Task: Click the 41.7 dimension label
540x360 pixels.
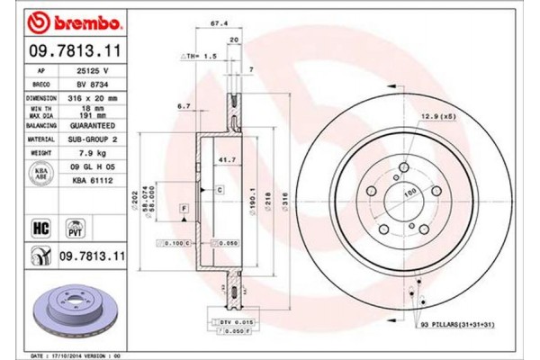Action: click(x=215, y=158)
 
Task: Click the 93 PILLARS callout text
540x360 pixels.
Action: click(x=454, y=323)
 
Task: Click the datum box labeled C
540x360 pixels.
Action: click(x=219, y=190)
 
